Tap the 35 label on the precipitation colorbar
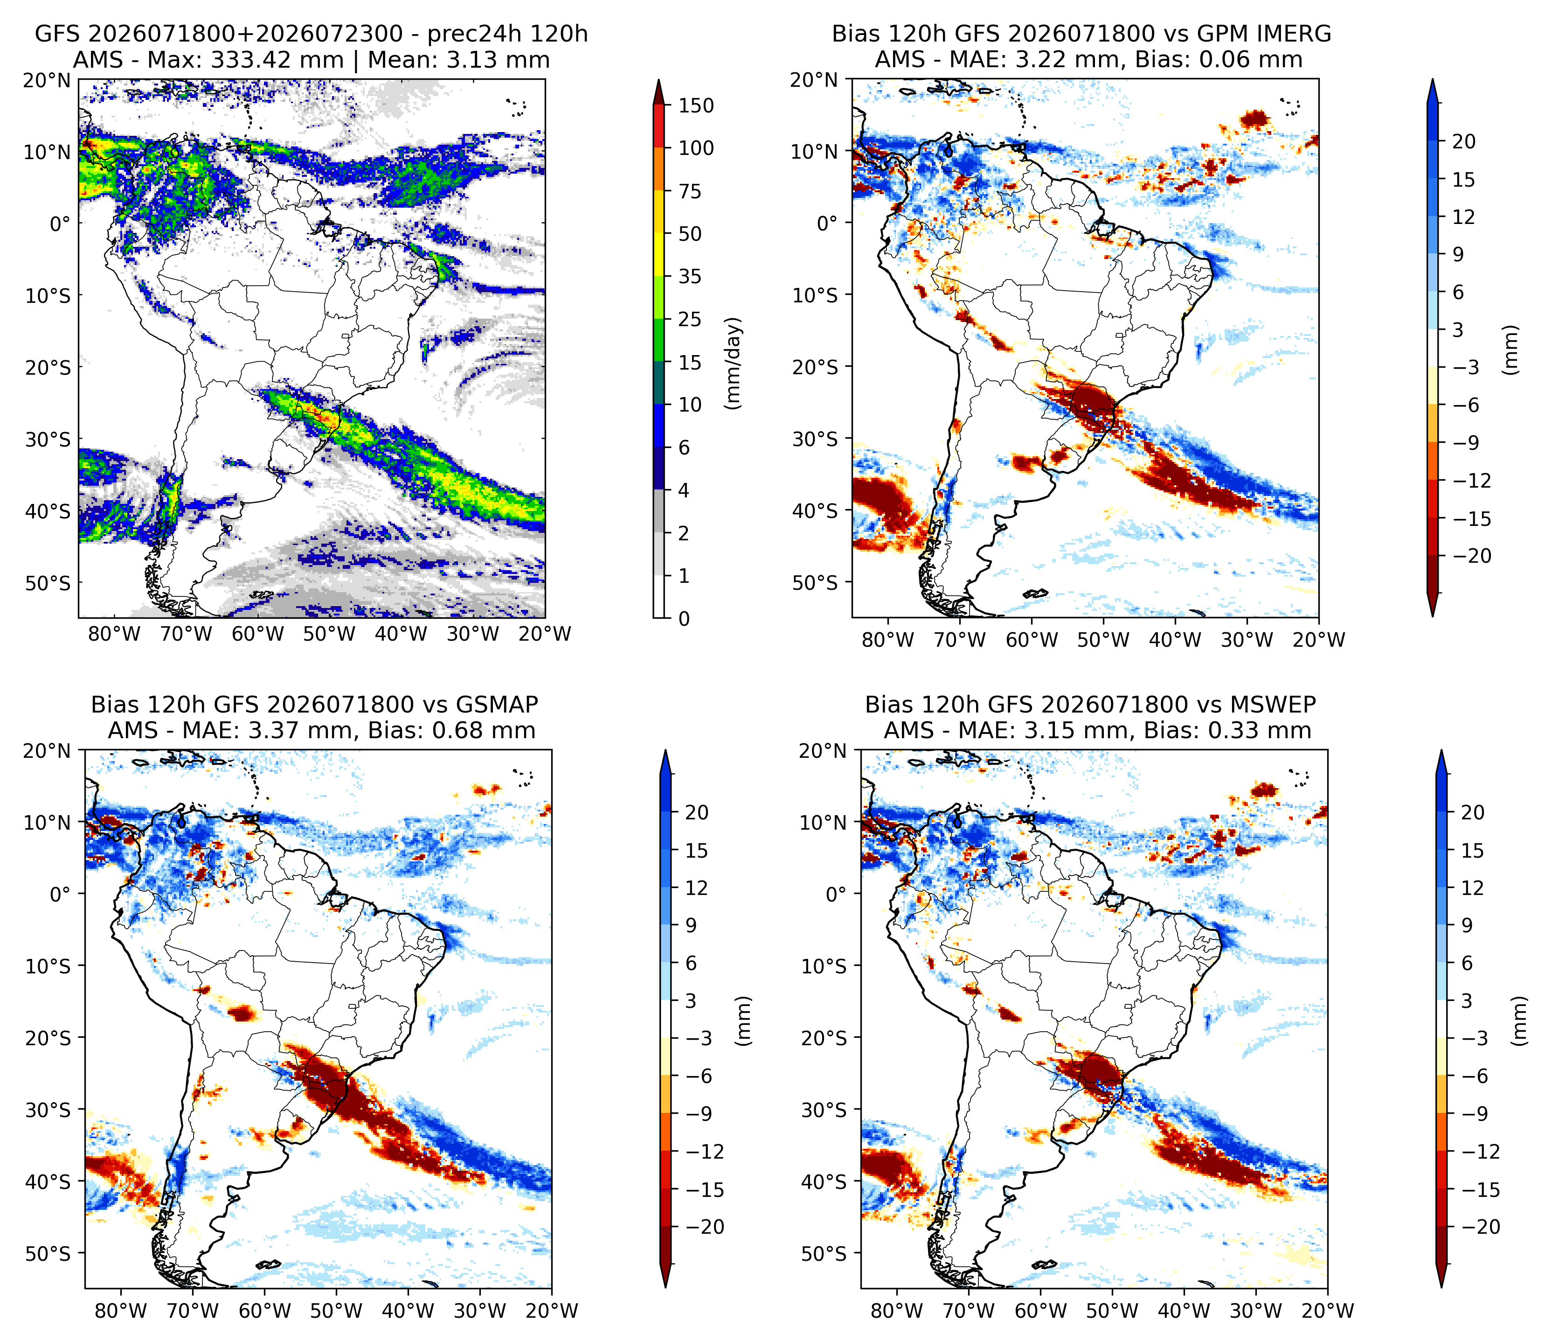coord(690,277)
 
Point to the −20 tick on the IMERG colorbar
coord(1471,556)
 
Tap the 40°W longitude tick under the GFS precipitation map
coord(402,634)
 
